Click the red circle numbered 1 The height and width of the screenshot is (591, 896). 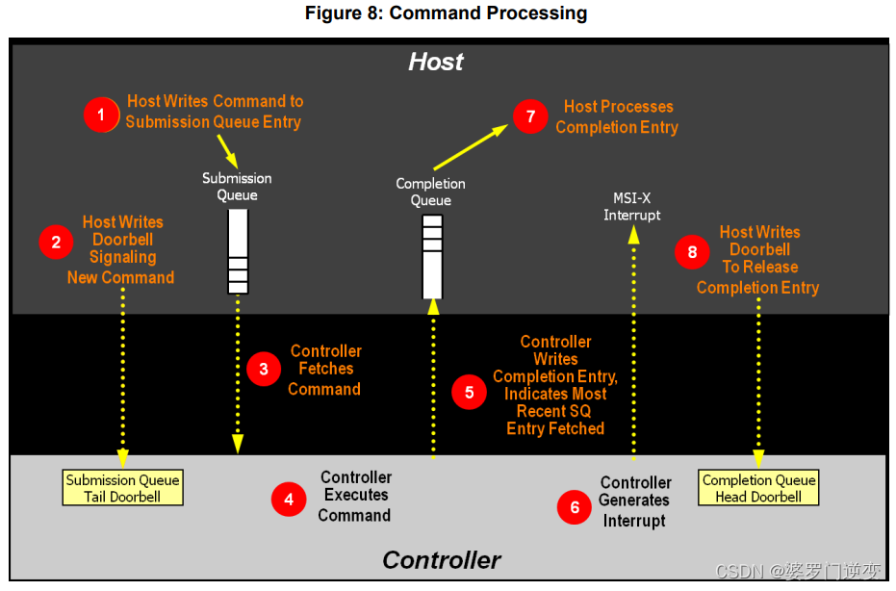[x=101, y=115]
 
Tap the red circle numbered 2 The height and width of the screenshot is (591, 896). [x=56, y=243]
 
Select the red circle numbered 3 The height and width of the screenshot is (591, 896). [x=263, y=370]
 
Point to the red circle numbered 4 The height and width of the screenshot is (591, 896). [x=288, y=499]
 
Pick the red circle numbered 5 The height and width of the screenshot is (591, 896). [x=469, y=392]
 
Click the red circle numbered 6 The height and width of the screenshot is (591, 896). [x=575, y=507]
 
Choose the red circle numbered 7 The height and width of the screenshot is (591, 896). [x=530, y=117]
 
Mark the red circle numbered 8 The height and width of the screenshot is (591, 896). [x=692, y=252]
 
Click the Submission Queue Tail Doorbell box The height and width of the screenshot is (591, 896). [x=122, y=488]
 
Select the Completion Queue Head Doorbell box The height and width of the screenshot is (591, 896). [x=758, y=488]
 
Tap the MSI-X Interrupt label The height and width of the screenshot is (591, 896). [x=632, y=206]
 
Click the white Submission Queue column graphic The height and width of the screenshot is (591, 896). [x=238, y=250]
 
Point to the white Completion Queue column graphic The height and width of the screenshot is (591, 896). [x=432, y=256]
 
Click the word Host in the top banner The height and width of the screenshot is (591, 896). [x=435, y=62]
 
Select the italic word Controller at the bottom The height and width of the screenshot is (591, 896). [x=441, y=560]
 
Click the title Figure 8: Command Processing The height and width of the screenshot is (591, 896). [x=446, y=13]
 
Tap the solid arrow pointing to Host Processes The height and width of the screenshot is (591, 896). [x=473, y=144]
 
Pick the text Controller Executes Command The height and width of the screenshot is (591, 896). [x=355, y=496]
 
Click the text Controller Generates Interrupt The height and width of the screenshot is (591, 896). [x=635, y=501]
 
